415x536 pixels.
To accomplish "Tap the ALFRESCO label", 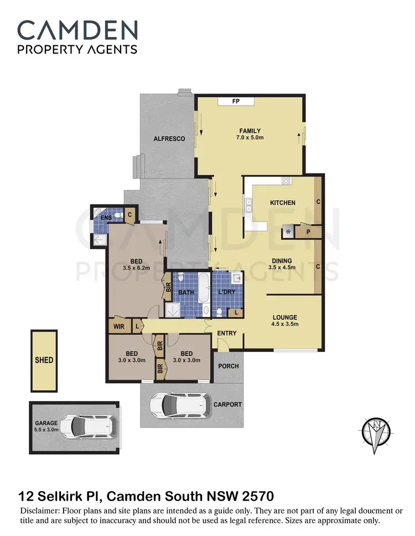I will click(x=169, y=139).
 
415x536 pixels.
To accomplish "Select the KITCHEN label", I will click(x=282, y=203).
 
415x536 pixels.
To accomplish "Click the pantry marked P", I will click(x=309, y=232).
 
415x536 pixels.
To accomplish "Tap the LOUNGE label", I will click(x=285, y=317).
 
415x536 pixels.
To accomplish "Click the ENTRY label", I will click(x=227, y=333).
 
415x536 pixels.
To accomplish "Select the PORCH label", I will click(x=229, y=366).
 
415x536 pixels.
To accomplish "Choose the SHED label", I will click(x=44, y=360).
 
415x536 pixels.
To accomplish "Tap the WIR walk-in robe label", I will click(x=119, y=327).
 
